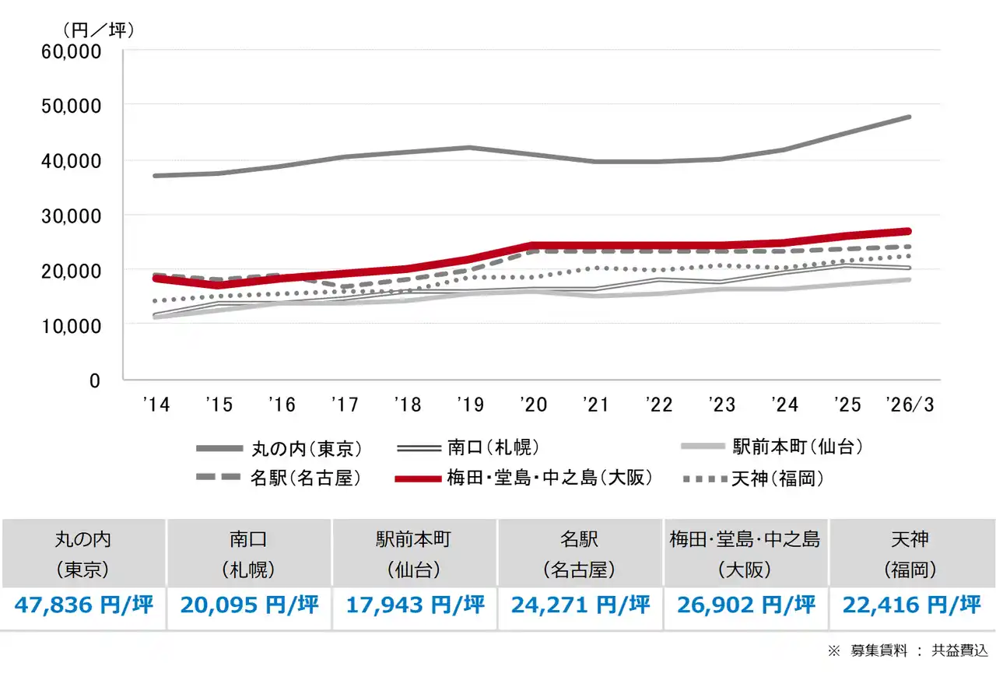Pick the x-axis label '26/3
[x=909, y=405]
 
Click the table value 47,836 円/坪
[x=83, y=605]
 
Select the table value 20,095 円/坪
[x=250, y=605]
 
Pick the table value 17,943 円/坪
[x=415, y=605]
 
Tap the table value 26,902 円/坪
[x=745, y=605]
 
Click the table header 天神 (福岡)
[x=910, y=553]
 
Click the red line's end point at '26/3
[x=908, y=231]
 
